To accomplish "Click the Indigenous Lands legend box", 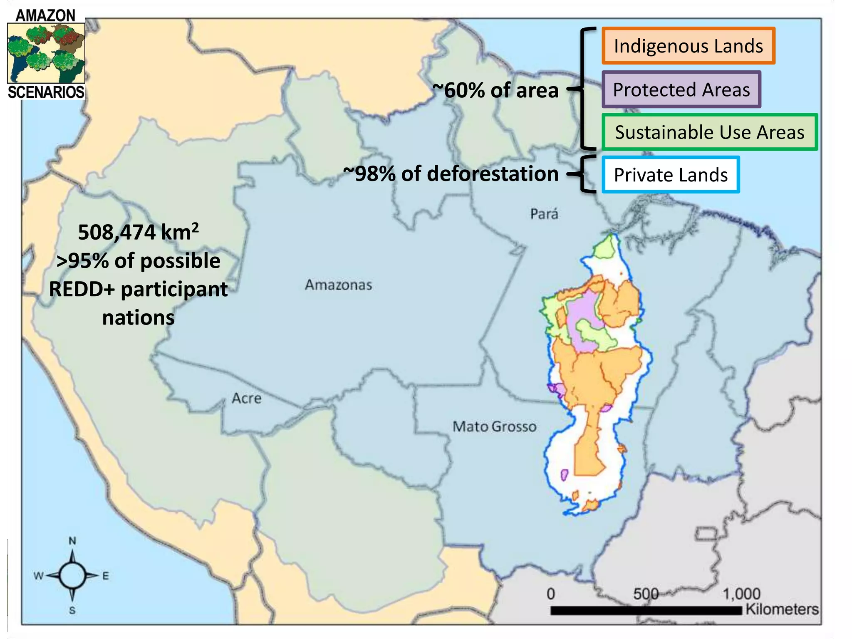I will (x=688, y=46).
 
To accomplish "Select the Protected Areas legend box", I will (x=681, y=89).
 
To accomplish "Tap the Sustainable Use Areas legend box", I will (x=709, y=132).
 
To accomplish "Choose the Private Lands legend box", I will (x=671, y=175).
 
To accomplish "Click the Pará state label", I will (x=544, y=214).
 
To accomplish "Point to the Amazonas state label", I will (x=338, y=285).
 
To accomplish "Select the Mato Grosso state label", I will (x=494, y=426).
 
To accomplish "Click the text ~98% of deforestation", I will (x=451, y=173).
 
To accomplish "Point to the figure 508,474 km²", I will (x=138, y=232).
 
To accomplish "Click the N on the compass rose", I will (x=72, y=541).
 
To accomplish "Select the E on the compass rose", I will (x=106, y=576).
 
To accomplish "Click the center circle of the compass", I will (x=72, y=576).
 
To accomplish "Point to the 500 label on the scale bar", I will (x=646, y=594).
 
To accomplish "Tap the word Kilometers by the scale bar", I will (x=782, y=609).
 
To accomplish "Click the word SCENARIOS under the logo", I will (x=46, y=92).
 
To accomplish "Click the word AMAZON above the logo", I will (x=45, y=16).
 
